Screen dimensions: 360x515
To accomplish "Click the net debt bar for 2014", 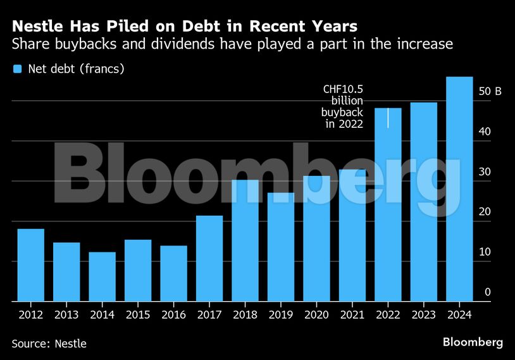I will [x=102, y=276].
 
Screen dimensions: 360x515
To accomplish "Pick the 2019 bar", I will [x=281, y=247].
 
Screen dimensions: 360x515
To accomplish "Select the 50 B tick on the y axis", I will [x=490, y=92].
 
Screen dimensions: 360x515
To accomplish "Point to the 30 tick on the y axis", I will [x=485, y=172].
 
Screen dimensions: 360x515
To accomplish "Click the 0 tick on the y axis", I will [x=488, y=292].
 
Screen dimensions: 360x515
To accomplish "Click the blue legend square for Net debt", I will [x=17, y=69].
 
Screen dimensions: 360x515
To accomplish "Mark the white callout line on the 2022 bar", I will [x=388, y=118].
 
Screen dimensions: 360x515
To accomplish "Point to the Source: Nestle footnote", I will [x=49, y=344].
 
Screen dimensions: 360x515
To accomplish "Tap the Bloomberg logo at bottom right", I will [x=473, y=342].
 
